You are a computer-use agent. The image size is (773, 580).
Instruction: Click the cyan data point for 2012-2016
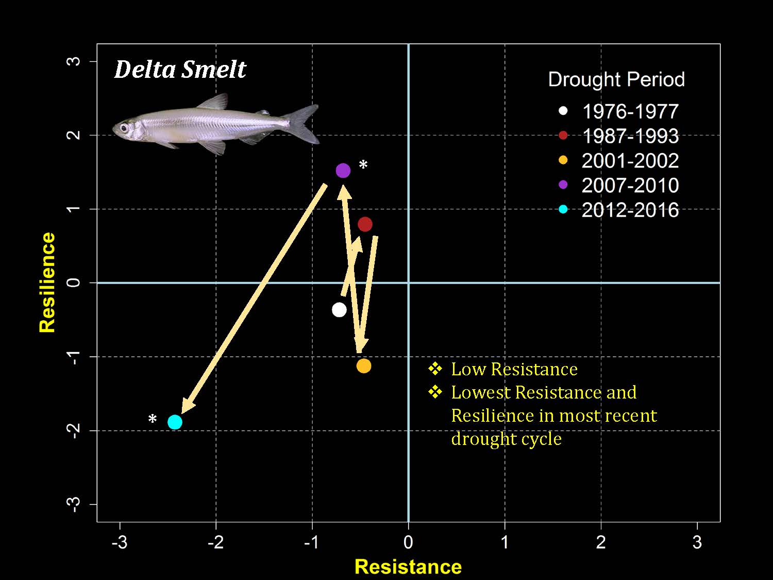[175, 422]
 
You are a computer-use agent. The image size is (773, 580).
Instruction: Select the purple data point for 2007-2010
[343, 171]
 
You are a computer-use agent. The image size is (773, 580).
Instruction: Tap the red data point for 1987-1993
[365, 224]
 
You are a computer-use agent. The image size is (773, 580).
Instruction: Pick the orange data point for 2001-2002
[364, 366]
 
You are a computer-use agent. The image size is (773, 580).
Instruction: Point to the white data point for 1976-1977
[339, 310]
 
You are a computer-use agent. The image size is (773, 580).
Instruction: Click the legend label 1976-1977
[630, 111]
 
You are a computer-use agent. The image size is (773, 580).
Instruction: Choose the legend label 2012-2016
[630, 210]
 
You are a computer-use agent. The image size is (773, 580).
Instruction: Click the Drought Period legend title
[616, 79]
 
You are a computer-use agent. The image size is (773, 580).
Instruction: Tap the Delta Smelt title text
[180, 70]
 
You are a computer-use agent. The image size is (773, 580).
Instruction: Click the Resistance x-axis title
[408, 567]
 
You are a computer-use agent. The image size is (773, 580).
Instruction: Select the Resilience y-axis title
[47, 282]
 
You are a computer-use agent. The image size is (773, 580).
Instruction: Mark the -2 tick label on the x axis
[215, 542]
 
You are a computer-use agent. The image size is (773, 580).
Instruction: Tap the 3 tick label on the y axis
[75, 61]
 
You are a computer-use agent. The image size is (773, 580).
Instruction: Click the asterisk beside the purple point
[363, 165]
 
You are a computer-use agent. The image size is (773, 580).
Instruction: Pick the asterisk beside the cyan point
[153, 420]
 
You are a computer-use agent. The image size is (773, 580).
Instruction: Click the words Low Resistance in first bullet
[514, 369]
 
